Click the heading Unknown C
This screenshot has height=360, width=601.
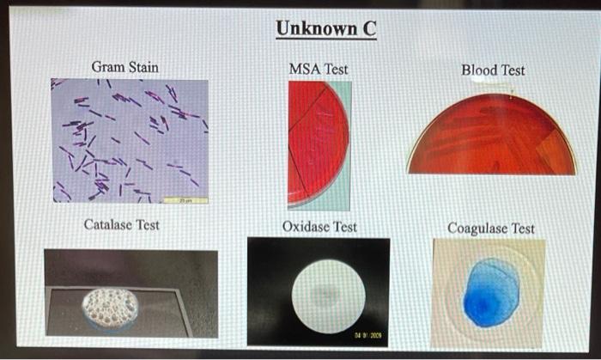coord(325,29)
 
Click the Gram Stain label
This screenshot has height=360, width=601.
coord(124,67)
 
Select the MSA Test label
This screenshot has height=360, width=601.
coord(319,69)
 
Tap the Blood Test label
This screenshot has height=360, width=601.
coord(493,70)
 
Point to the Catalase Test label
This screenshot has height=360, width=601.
coord(121,225)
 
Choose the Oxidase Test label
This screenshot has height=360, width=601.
coord(319,227)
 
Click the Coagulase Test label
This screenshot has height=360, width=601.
coord(490,228)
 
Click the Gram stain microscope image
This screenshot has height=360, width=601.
coord(130,141)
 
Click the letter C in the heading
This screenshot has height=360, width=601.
coord(367,29)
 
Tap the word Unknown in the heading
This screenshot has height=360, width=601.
coord(313,29)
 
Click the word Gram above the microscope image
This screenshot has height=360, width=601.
coord(107,67)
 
